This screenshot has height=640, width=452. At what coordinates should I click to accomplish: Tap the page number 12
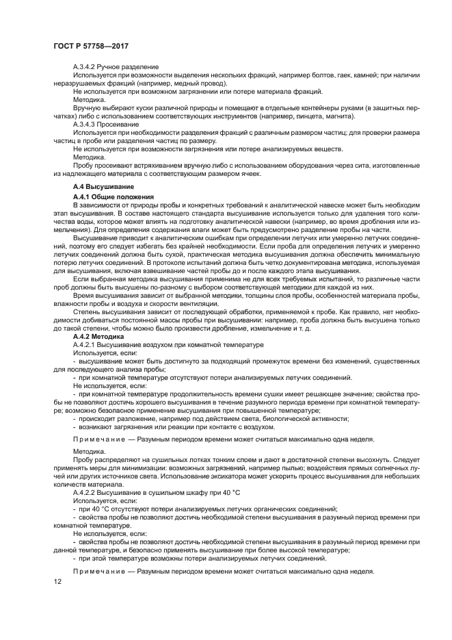click(x=57, y=581)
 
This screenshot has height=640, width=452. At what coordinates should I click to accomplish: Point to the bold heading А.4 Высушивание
click(x=103, y=186)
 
